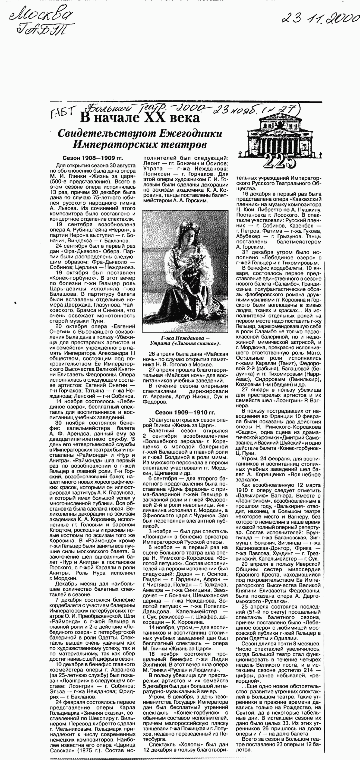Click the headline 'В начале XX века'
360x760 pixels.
(x=140, y=118)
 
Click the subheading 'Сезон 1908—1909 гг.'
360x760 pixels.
(x=93, y=158)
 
